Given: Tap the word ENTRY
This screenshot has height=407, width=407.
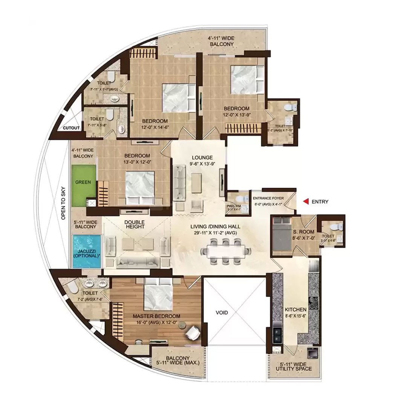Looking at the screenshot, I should point(320,202).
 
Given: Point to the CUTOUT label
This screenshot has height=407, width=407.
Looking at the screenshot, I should point(71,128).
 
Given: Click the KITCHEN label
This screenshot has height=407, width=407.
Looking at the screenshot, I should point(296,309).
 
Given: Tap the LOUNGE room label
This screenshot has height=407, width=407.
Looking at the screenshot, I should point(202,158).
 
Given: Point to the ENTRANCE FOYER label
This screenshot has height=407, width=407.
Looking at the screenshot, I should point(268,198).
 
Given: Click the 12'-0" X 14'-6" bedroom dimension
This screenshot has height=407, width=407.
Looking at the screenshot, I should point(155,127).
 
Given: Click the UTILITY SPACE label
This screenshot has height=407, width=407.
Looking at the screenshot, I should point(296,369).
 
